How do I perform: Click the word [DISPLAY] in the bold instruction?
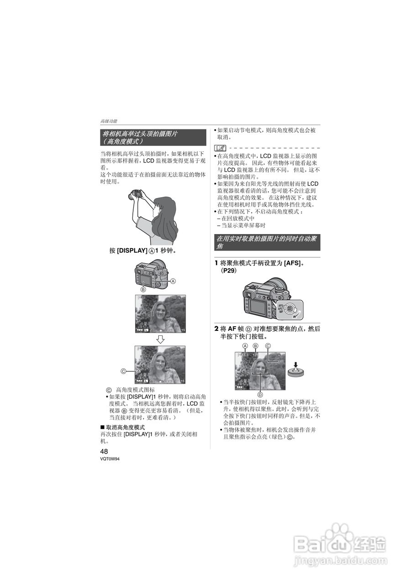[x=132, y=251]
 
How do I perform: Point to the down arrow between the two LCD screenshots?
[x=160, y=339]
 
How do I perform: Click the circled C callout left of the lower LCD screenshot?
[x=123, y=371]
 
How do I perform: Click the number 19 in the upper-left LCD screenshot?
[x=183, y=330]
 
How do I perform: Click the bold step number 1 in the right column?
[x=216, y=263]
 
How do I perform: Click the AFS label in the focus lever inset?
[x=281, y=305]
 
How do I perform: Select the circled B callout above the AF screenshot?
[x=256, y=346]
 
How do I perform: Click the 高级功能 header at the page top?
[x=109, y=121]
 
